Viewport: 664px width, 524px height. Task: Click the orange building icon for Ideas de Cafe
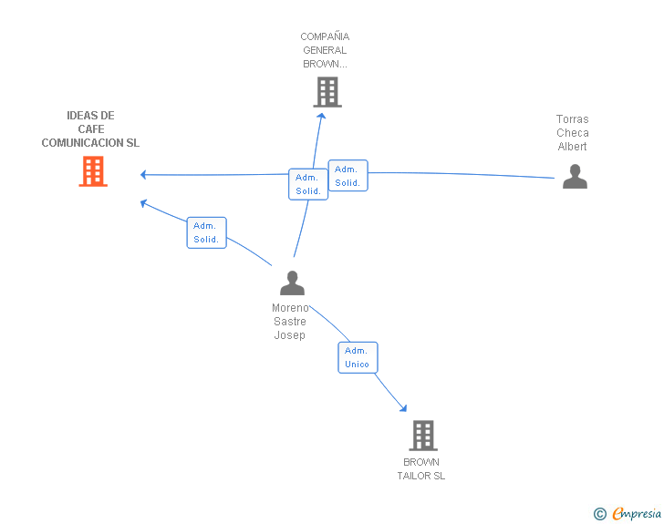point(93,171)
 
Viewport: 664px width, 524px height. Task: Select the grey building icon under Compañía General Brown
point(327,91)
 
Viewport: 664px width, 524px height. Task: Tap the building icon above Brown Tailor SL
point(422,436)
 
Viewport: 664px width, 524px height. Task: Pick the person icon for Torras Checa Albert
point(575,176)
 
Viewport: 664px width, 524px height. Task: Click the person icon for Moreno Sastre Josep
point(292,283)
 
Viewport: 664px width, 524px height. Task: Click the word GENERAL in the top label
point(326,50)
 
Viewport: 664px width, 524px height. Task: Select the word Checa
point(573,133)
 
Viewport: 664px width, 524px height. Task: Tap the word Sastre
point(290,322)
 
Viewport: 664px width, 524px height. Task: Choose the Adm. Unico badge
point(357,357)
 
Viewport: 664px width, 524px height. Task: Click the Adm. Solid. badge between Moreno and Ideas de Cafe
point(206,232)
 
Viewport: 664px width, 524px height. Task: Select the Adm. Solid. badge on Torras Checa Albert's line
point(347,176)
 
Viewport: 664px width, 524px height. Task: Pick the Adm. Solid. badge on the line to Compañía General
point(307,184)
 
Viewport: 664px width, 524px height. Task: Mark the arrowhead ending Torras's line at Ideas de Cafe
point(144,174)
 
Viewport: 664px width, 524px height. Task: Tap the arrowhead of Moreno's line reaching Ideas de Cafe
point(144,202)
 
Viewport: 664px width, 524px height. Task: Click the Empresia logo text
point(637,514)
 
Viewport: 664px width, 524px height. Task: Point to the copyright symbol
point(599,514)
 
